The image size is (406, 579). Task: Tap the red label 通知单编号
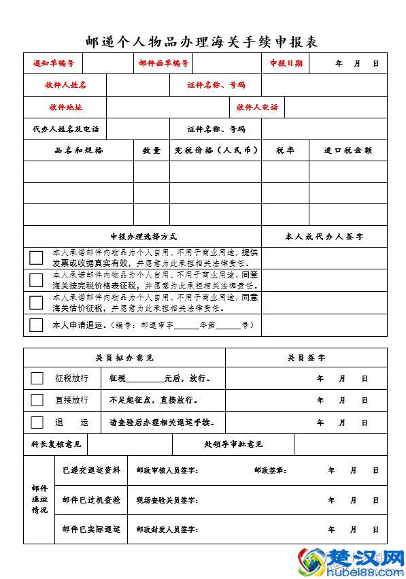tap(53, 63)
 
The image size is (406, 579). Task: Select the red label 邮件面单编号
tap(163, 63)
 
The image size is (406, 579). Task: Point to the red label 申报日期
tap(286, 63)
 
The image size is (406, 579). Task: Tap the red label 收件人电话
tap(257, 107)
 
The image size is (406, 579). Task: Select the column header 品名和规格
tap(79, 150)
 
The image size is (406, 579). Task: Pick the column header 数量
tap(152, 150)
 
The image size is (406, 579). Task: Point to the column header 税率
tap(285, 150)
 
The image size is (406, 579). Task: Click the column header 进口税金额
tap(348, 150)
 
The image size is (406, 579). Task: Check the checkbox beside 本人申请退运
tap(36, 325)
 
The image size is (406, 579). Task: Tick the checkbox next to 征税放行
tap(37, 378)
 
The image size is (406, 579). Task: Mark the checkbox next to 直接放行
tap(37, 400)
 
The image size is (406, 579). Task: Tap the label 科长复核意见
tap(56, 444)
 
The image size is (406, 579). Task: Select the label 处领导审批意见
tap(233, 444)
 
